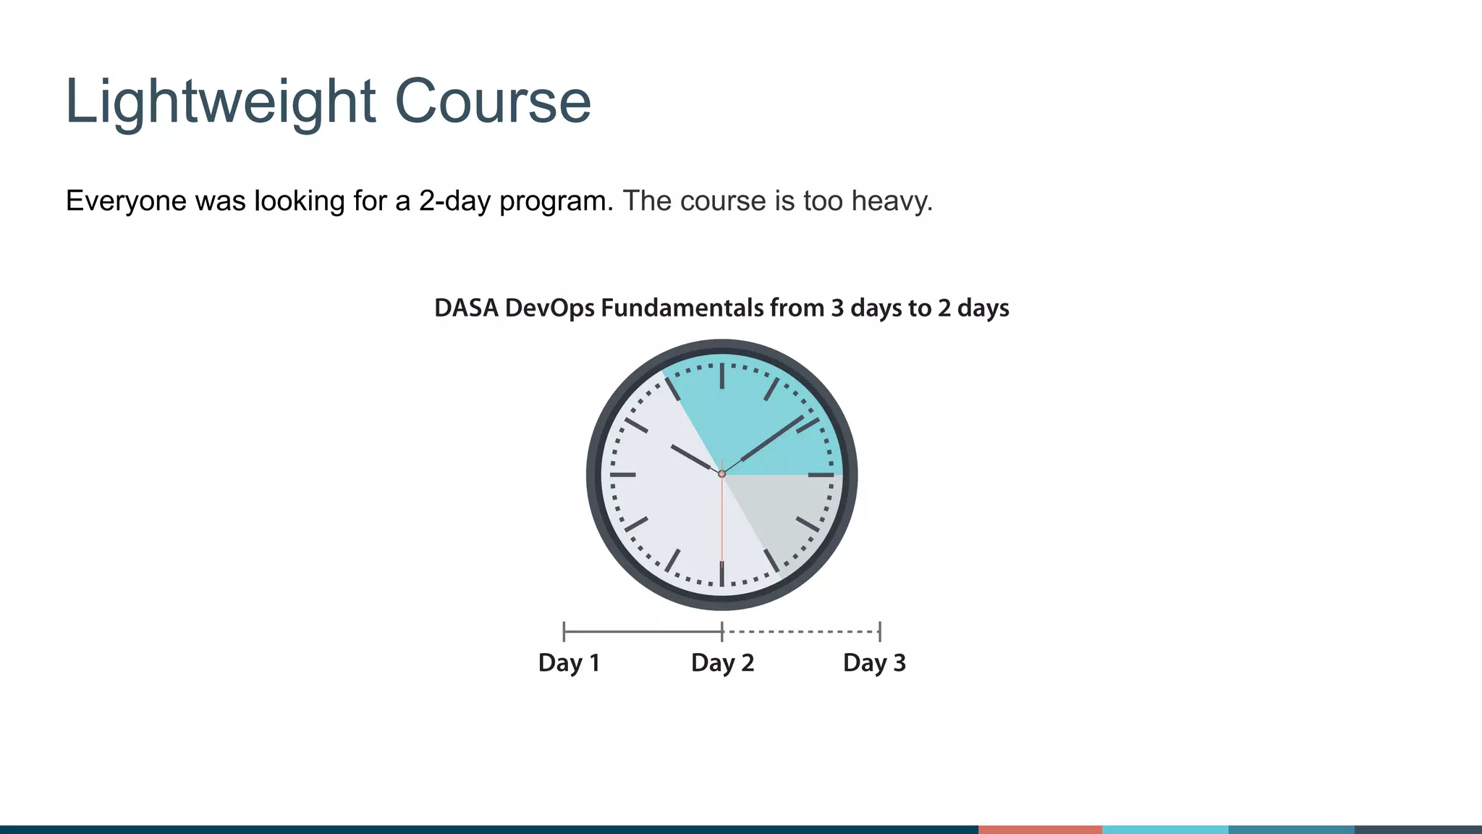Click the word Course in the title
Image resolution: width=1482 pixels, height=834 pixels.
(492, 102)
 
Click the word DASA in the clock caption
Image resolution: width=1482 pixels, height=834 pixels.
(466, 308)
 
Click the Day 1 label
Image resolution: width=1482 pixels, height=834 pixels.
(569, 662)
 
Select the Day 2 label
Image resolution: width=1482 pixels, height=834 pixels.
(722, 662)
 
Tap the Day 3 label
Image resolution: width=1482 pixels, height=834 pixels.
(874, 662)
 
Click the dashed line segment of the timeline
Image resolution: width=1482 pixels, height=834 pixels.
(800, 632)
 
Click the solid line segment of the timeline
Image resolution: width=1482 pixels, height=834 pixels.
(643, 632)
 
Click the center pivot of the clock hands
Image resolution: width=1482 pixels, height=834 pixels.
(721, 474)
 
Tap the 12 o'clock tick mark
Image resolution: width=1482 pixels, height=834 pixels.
(721, 376)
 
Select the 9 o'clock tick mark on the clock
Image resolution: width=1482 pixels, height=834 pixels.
(623, 475)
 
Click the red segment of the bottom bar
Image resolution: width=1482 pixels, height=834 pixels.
(1040, 829)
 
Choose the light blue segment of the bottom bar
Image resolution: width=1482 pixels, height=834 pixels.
(1165, 829)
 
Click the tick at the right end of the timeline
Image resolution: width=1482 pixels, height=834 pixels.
(879, 631)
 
